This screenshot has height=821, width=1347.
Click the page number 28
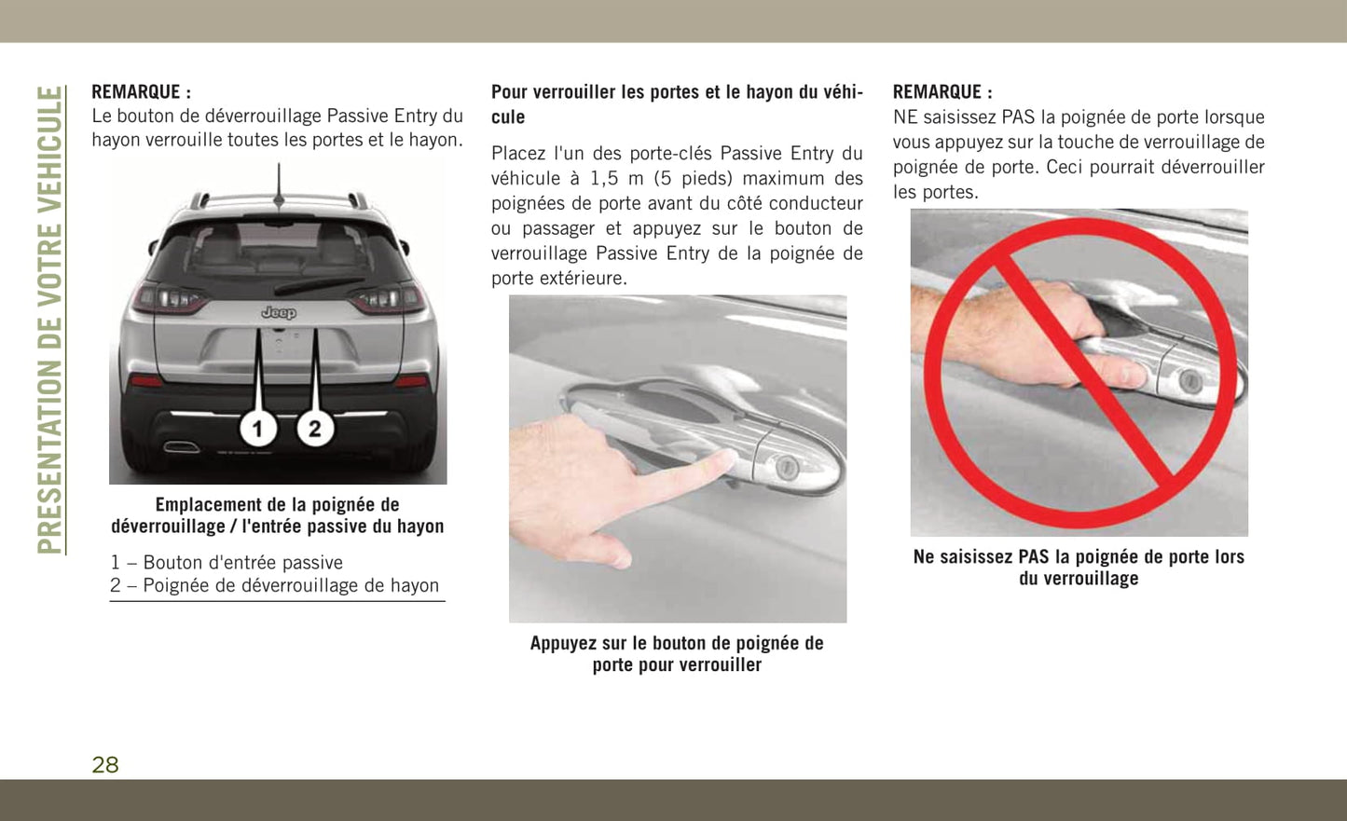pyautogui.click(x=105, y=764)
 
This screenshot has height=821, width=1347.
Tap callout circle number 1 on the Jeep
pyautogui.click(x=258, y=429)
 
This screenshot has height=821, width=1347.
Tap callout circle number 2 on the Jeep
pyautogui.click(x=315, y=429)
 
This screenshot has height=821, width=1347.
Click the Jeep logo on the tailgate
pyautogui.click(x=279, y=312)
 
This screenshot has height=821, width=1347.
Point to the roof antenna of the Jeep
pyautogui.click(x=279, y=185)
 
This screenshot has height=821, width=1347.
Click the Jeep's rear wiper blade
pyautogui.click(x=320, y=285)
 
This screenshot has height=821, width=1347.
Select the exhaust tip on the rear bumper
pyautogui.click(x=182, y=446)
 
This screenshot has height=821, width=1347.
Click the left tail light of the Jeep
pyautogui.click(x=170, y=299)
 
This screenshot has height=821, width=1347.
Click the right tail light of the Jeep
pyautogui.click(x=387, y=299)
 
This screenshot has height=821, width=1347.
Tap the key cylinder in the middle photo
pyautogui.click(x=786, y=467)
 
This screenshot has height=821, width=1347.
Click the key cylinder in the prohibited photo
pyautogui.click(x=1189, y=380)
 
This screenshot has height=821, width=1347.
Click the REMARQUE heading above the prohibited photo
pyautogui.click(x=942, y=92)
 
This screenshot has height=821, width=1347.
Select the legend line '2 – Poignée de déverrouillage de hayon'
pyautogui.click(x=274, y=585)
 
